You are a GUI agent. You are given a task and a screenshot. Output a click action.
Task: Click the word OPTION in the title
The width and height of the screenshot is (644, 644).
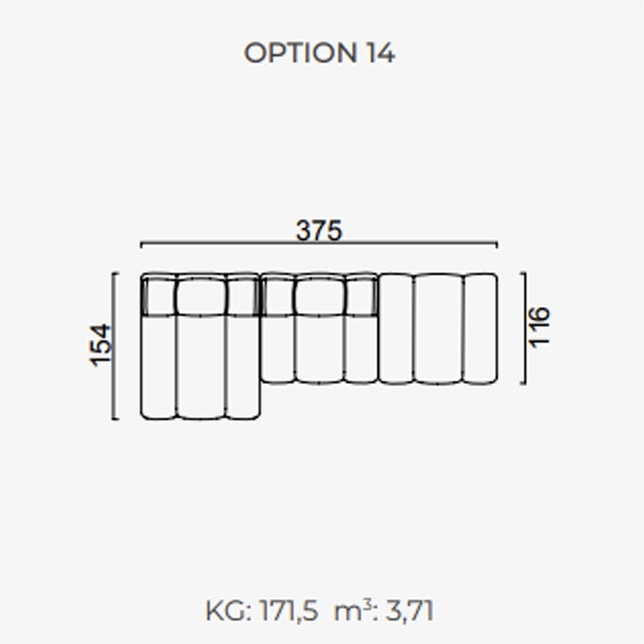click(301, 53)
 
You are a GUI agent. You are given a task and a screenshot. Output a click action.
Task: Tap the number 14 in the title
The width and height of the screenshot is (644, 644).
click(381, 53)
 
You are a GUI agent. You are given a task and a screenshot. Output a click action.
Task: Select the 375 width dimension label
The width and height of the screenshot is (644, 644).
click(318, 231)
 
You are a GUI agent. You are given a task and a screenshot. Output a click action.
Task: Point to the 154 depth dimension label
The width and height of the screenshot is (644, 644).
click(100, 345)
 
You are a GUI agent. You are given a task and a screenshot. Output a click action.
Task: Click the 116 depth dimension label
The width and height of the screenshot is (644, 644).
click(538, 327)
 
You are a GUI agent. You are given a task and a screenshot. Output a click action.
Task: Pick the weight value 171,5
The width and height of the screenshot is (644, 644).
click(288, 611)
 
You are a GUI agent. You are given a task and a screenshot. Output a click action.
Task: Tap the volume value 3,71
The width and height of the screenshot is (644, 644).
click(410, 611)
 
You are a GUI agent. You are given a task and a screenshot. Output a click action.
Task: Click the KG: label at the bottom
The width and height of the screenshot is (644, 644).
click(228, 611)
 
